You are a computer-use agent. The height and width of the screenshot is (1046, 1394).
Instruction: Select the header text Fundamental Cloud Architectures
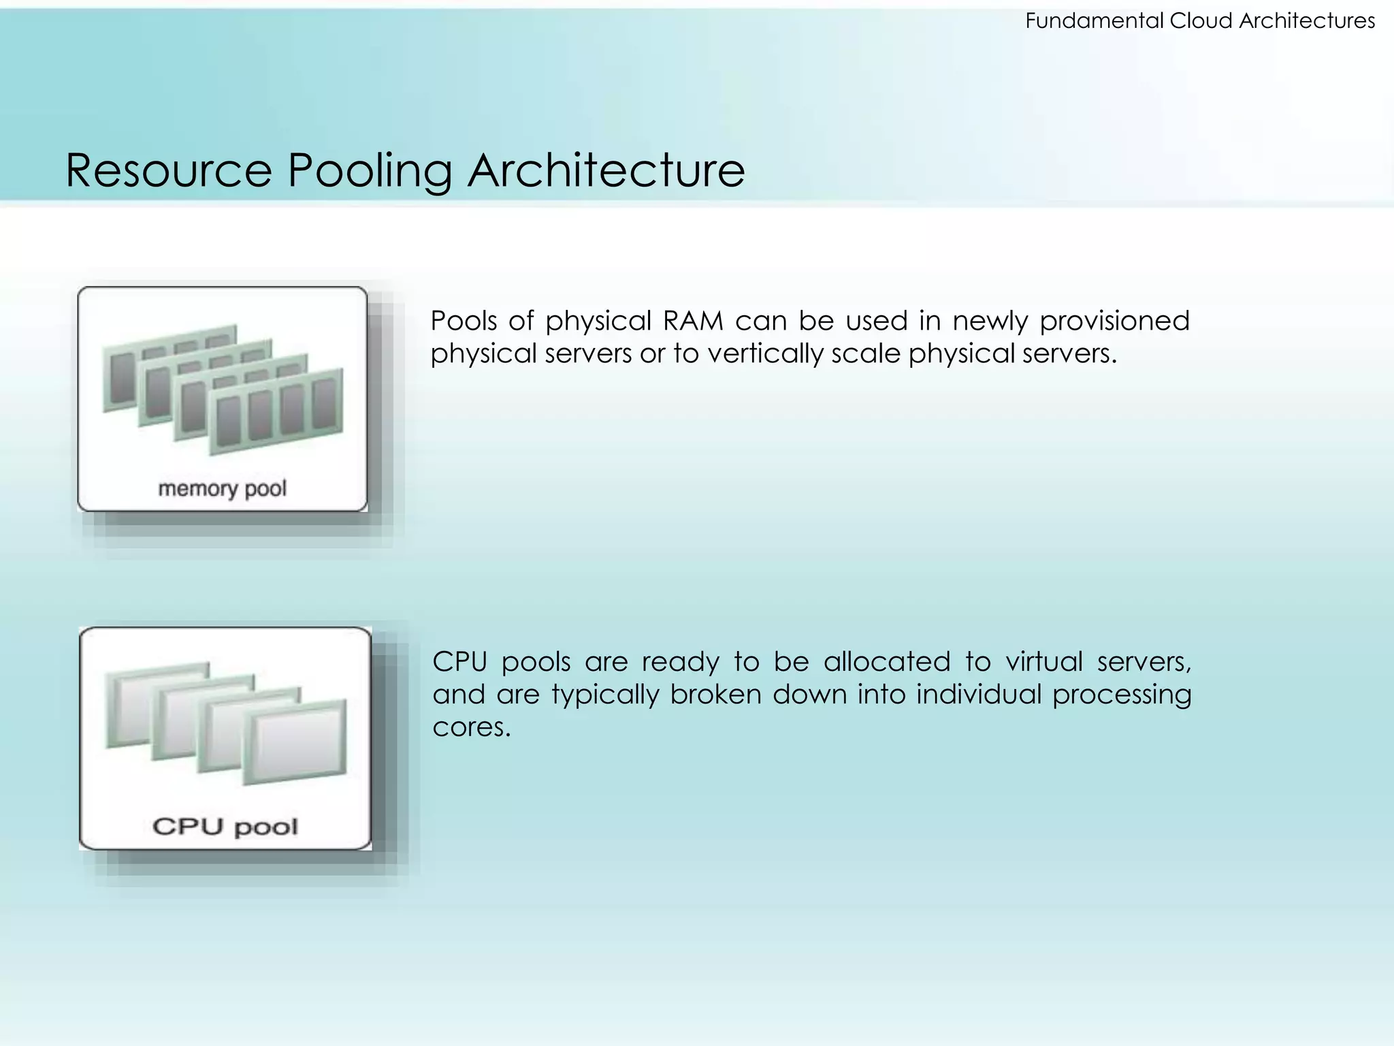pyautogui.click(x=1199, y=21)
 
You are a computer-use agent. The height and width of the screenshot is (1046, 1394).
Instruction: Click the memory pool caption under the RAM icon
pyautogui.click(x=222, y=488)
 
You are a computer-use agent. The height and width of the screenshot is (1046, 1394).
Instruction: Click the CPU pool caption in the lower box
pyautogui.click(x=225, y=827)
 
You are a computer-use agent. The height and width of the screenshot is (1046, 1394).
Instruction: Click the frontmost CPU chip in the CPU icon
pyautogui.click(x=295, y=742)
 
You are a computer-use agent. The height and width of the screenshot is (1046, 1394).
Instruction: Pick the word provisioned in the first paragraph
pyautogui.click(x=1114, y=320)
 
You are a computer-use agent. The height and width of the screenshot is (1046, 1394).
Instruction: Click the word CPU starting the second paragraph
pyautogui.click(x=459, y=661)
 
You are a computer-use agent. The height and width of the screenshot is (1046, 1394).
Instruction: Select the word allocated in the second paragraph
pyautogui.click(x=886, y=661)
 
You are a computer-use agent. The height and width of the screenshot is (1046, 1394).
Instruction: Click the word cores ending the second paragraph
pyautogui.click(x=470, y=727)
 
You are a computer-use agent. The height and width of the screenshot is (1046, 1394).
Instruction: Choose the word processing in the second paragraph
pyautogui.click(x=1122, y=695)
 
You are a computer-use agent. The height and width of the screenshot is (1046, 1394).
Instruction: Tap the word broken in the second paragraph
pyautogui.click(x=715, y=694)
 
